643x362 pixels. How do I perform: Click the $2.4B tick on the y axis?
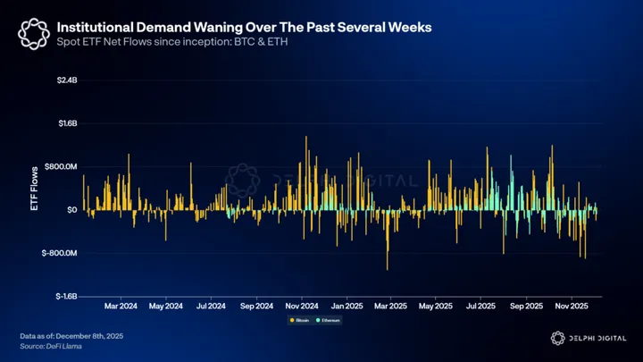coord(66,80)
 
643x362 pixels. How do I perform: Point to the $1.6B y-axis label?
coord(66,123)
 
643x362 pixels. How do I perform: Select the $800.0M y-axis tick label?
coord(61,166)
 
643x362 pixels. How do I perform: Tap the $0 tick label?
coord(71,210)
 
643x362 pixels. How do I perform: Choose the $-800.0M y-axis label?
coord(59,253)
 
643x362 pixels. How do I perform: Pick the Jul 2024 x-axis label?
coord(211,306)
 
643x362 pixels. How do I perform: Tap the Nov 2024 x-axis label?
coord(302,306)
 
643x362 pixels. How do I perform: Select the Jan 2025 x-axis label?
coord(347,306)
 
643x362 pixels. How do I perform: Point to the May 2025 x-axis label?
coord(437,306)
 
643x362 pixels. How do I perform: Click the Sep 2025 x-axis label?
coord(527,306)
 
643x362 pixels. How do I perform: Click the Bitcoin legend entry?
coord(299,319)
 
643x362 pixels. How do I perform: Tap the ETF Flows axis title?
coord(35,187)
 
